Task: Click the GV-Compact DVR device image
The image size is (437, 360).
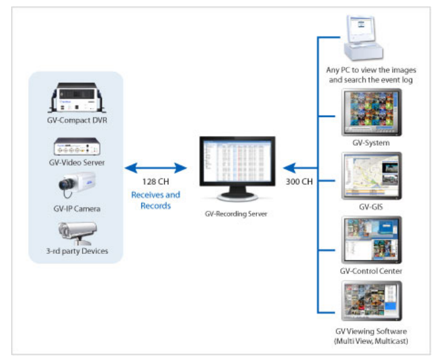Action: click(77, 97)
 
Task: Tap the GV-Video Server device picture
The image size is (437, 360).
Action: click(77, 146)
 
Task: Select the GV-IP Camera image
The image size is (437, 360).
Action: click(77, 184)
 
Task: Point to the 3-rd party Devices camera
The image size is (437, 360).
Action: click(77, 233)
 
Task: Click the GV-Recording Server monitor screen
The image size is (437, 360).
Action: click(237, 161)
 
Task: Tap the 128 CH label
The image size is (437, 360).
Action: click(156, 182)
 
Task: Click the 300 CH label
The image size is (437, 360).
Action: click(299, 182)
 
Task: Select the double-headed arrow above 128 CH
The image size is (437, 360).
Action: click(156, 168)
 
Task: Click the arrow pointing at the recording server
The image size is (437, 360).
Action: click(300, 168)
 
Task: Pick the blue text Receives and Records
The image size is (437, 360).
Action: click(156, 200)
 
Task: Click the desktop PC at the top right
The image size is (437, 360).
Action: click(363, 38)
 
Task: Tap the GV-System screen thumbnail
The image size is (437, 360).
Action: click(371, 112)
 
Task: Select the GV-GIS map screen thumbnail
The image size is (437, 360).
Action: click(371, 176)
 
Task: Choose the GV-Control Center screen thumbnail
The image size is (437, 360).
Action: click(371, 240)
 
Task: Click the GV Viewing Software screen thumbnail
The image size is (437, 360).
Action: click(371, 301)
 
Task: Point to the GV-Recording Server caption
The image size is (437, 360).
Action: click(236, 214)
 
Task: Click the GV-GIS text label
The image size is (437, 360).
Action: click(371, 207)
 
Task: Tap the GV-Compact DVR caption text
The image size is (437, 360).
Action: click(77, 120)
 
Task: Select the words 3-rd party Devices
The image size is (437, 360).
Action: click(77, 251)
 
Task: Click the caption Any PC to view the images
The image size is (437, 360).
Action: click(371, 70)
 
